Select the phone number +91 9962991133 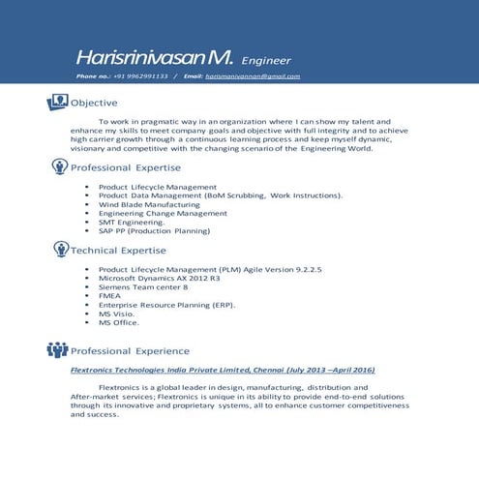tap(140, 76)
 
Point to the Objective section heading tap(95, 103)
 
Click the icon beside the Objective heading tap(57, 102)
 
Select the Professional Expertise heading tap(126, 168)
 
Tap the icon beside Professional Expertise tap(60, 167)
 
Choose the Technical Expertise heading tap(118, 251)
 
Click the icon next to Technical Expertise tap(60, 250)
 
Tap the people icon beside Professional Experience tap(57, 350)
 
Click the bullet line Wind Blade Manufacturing tap(149, 205)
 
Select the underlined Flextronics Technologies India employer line tap(223, 370)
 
